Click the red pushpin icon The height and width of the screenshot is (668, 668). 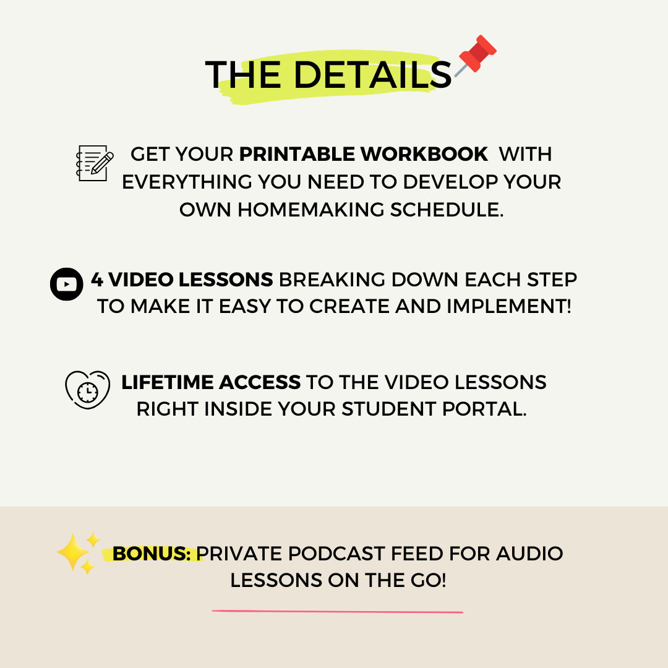477,55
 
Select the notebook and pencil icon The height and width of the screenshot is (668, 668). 94,163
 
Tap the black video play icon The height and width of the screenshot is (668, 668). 67,284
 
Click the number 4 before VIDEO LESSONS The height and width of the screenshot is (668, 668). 97,280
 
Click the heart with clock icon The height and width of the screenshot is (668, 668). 87,389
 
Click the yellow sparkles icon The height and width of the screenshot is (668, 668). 78,552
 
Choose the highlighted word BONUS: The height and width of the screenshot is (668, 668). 152,554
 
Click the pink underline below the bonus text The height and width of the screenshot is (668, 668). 338,612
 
